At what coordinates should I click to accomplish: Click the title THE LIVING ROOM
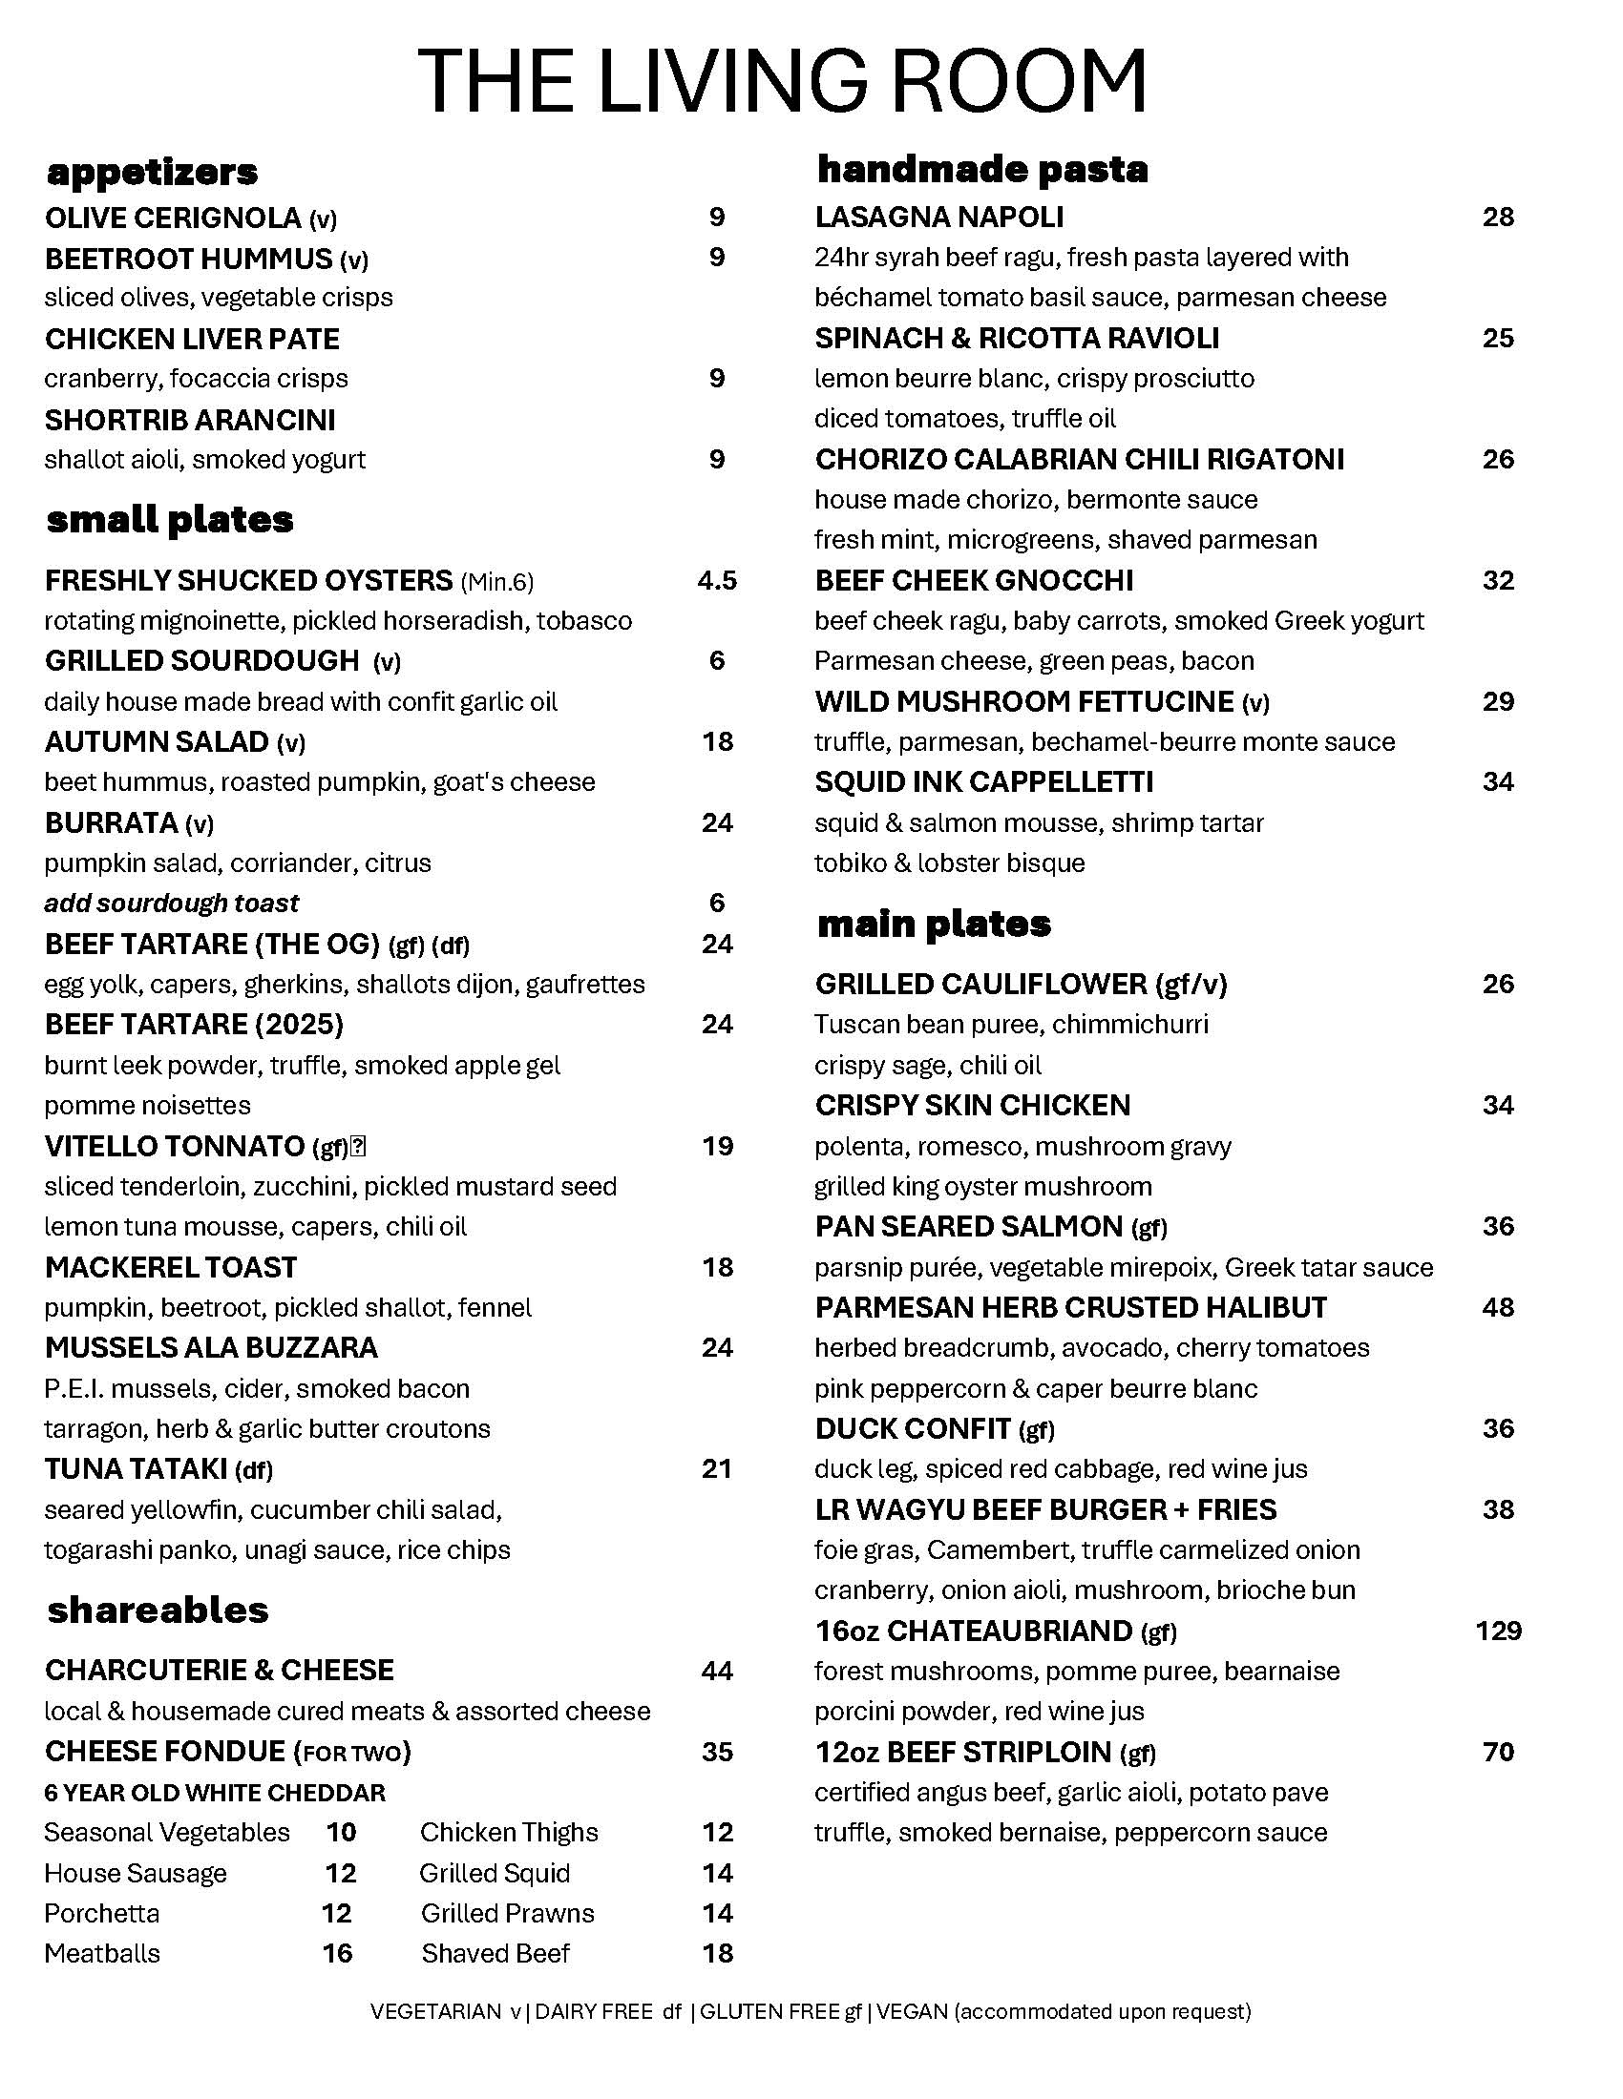click(782, 81)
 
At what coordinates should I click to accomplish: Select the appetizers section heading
click(152, 173)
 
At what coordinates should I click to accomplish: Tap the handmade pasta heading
click(981, 170)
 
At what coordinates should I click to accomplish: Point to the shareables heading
click(158, 1610)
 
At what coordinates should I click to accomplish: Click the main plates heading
click(934, 925)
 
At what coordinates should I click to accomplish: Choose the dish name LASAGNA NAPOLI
click(938, 218)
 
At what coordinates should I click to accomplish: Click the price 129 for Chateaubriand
click(1498, 1631)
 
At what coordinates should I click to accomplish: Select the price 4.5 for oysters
click(716, 580)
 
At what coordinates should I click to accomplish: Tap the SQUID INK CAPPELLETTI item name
click(983, 782)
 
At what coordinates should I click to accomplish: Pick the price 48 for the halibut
click(1498, 1307)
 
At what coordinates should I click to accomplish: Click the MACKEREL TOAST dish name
click(170, 1268)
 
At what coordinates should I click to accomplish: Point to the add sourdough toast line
click(171, 904)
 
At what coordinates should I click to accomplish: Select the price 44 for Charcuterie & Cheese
click(717, 1672)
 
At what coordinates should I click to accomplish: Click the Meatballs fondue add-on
click(102, 1953)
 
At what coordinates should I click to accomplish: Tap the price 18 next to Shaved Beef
click(717, 1953)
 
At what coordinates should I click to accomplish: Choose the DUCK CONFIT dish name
click(913, 1429)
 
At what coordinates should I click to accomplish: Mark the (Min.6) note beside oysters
click(497, 581)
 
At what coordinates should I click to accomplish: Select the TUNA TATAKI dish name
click(136, 1469)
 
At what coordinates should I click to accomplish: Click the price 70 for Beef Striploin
click(1498, 1752)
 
